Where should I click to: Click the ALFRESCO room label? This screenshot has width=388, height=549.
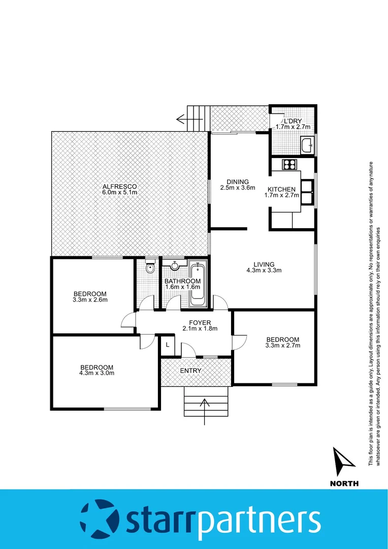119,186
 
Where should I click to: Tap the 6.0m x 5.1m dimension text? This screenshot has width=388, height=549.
120,192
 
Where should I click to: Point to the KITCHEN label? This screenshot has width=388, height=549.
281,189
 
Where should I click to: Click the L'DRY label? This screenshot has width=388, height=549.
292,121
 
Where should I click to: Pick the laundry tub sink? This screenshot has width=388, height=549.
307,145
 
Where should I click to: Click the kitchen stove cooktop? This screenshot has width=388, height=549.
290,164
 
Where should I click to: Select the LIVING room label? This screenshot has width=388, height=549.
264,264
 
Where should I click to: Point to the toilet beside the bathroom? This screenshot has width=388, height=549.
149,268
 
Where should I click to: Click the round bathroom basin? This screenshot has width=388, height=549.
175,265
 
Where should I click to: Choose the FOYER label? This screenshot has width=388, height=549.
200,322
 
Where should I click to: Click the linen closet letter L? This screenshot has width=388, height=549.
168,345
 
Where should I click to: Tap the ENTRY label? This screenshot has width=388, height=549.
190,371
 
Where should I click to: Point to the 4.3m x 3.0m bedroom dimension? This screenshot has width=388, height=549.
96,373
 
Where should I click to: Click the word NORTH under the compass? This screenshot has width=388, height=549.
343,483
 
